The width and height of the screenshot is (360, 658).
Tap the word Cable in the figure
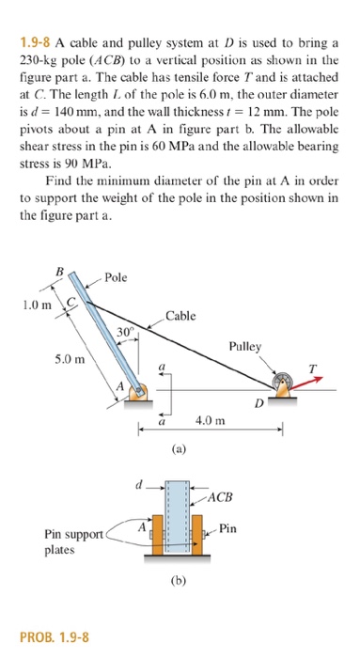point(180,316)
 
